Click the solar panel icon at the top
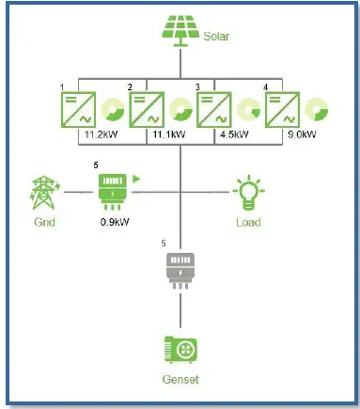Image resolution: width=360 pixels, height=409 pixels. [179, 29]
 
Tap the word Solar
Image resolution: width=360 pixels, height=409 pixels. [216, 38]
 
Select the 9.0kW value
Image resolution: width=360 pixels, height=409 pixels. [303, 134]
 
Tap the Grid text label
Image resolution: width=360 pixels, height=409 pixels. [43, 223]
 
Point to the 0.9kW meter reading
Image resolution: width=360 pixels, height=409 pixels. [115, 223]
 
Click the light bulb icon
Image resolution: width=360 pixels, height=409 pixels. [248, 191]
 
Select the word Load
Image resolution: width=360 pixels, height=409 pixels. [248, 223]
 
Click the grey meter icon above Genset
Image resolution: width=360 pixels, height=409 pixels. [180, 268]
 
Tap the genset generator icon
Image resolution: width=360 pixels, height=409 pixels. [180, 349]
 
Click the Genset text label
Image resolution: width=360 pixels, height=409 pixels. [180, 381]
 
